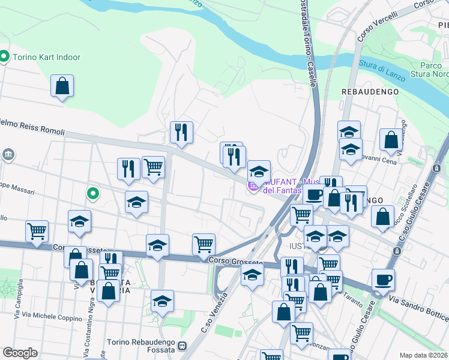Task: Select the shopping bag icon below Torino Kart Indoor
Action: [62, 86]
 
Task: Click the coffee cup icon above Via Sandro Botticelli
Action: [382, 279]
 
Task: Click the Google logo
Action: [20, 353]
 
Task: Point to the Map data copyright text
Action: [423, 355]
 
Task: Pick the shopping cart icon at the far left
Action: [37, 230]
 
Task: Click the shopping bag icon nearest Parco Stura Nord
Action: [391, 139]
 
